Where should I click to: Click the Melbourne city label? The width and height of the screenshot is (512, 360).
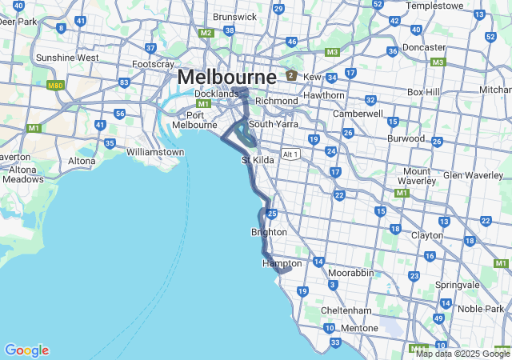pos(227,77)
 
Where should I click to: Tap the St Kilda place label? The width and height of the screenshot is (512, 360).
pos(258,161)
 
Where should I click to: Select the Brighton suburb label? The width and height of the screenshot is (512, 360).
pos(269,232)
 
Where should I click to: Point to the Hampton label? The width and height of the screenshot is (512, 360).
pos(282,263)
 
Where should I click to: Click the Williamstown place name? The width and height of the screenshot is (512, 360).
pos(155,150)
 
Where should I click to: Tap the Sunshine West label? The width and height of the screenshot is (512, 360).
pos(67,58)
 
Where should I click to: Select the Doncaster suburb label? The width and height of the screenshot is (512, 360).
pos(423,47)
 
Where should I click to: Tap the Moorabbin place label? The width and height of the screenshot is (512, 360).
pos(350,273)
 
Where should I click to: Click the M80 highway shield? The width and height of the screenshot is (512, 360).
pos(55,85)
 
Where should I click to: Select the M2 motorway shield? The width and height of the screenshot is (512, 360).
pos(206,33)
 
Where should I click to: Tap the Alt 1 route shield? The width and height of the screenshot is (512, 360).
pos(290,154)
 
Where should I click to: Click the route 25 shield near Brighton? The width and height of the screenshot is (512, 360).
pos(272,214)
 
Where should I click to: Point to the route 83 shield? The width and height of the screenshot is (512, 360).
pos(124,82)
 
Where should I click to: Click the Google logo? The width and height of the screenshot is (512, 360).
pos(26,350)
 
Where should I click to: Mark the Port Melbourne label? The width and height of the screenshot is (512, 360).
pos(196,119)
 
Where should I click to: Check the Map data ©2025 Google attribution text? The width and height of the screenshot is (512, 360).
pos(462,354)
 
